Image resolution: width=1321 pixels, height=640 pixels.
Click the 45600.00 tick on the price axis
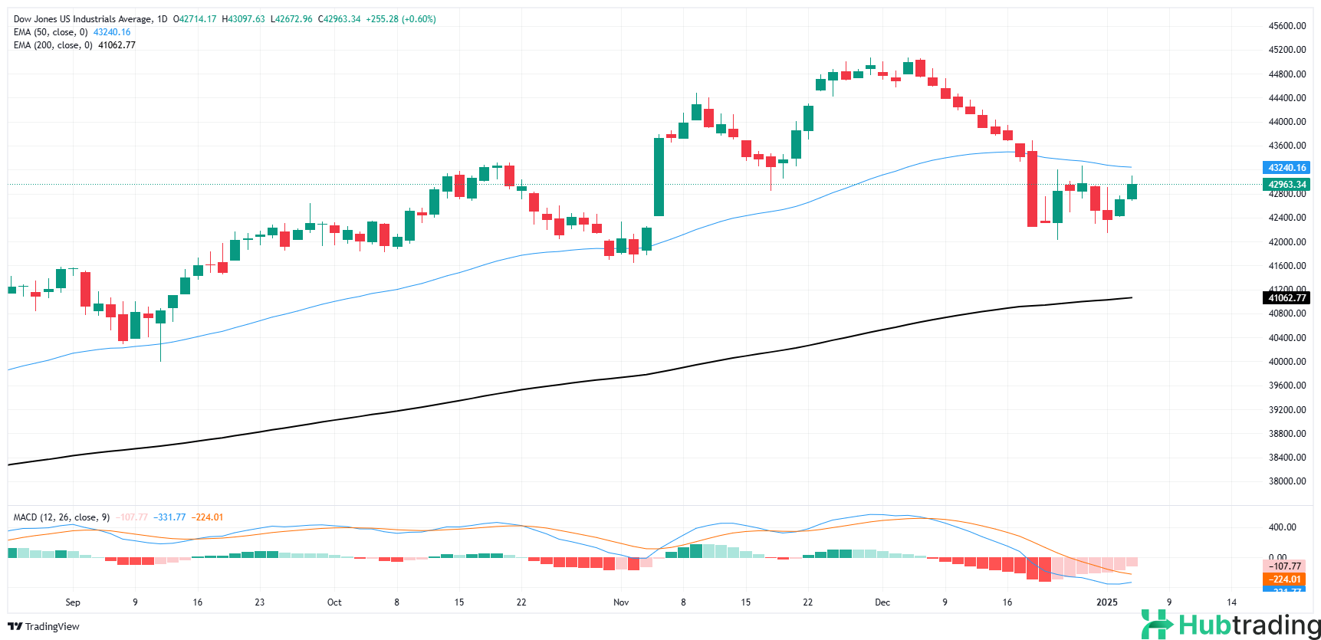point(1286,26)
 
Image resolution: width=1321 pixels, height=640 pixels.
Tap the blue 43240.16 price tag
point(1286,168)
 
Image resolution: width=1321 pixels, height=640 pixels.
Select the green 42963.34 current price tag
point(1286,185)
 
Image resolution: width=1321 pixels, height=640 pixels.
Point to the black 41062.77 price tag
point(1286,298)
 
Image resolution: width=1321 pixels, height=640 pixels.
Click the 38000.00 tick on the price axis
point(1286,481)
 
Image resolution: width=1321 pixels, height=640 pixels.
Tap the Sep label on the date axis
point(73,602)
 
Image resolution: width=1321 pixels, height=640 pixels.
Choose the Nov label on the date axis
point(621,602)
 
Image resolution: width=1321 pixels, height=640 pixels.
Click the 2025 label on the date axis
point(1107,602)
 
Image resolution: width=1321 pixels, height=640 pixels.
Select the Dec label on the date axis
point(882,602)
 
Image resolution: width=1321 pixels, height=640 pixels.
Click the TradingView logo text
point(52,627)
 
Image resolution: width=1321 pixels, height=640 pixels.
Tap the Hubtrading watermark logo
point(1231,625)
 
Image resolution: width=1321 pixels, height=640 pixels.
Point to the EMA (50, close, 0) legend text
point(51,32)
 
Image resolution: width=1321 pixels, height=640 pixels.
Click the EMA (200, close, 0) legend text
point(53,45)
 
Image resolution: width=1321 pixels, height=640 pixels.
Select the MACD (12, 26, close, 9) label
point(61,517)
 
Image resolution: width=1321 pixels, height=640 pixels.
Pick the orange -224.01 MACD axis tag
point(1285,579)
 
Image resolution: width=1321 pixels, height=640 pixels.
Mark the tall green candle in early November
point(659,176)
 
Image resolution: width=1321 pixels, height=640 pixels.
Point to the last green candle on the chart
point(1132,191)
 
